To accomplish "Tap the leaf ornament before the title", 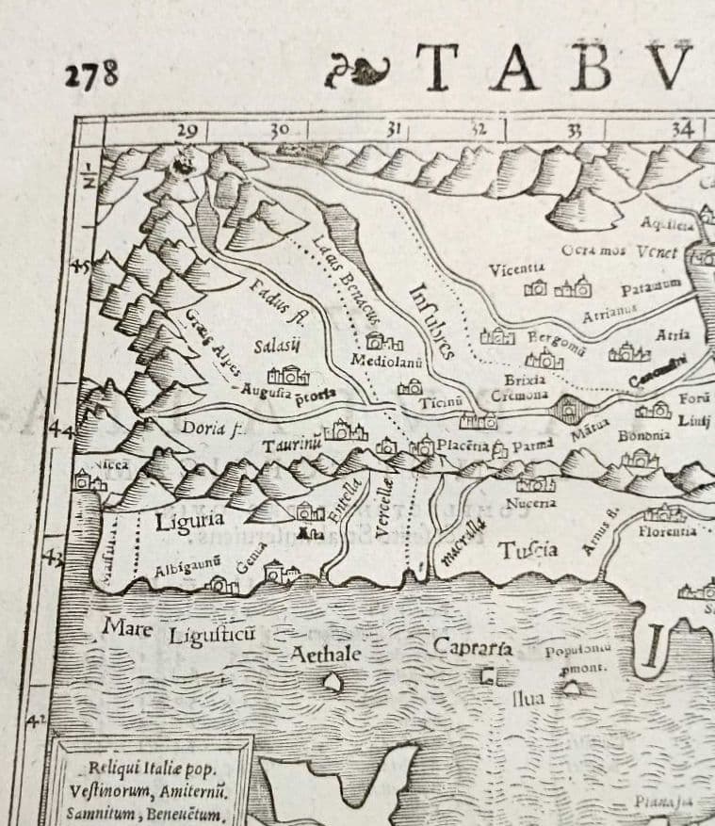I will point(356,72).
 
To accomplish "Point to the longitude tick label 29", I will point(187,131).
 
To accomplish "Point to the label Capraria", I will point(472,647).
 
